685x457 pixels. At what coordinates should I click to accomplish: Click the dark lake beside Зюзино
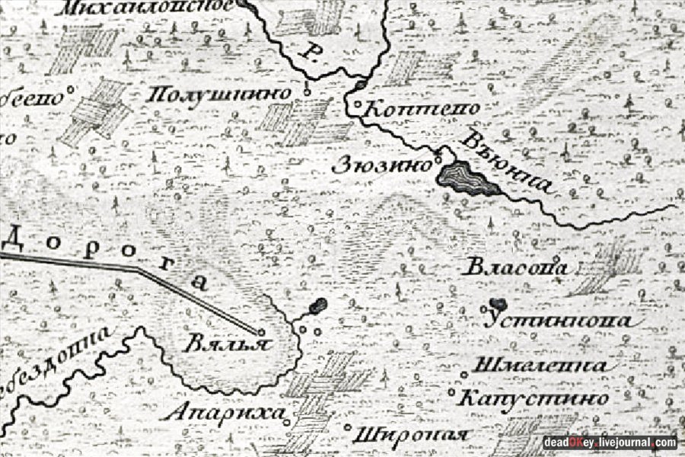click(x=466, y=179)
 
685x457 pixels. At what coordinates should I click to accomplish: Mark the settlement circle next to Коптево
click(x=357, y=104)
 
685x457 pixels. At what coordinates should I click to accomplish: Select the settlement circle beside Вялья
click(x=261, y=332)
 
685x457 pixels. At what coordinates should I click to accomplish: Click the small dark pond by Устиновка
click(x=499, y=304)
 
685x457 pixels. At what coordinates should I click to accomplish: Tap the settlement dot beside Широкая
click(x=349, y=427)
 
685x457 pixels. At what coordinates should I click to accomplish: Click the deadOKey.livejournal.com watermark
click(x=609, y=443)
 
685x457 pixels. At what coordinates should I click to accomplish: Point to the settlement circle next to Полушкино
click(x=307, y=92)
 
